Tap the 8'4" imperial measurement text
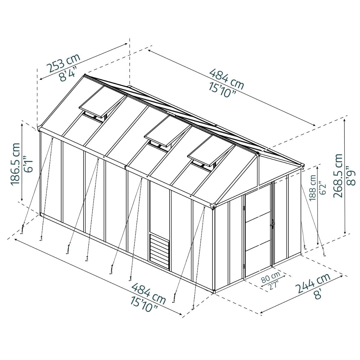point(68,74)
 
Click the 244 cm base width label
point(313,283)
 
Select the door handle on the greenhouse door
point(272,223)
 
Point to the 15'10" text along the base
point(143,303)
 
